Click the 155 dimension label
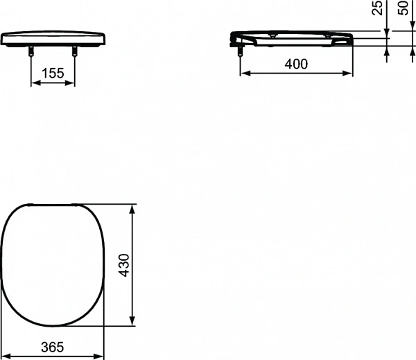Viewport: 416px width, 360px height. pyautogui.click(x=53, y=72)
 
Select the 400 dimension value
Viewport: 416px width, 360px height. pyautogui.click(x=296, y=63)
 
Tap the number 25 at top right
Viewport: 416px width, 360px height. pyautogui.click(x=377, y=9)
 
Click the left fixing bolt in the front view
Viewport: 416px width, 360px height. pyautogui.click(x=32, y=51)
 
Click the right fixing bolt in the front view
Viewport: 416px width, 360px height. pyautogui.click(x=74, y=51)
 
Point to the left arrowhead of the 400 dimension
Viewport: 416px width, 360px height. pyautogui.click(x=243, y=72)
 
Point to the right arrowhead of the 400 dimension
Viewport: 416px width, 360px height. pyautogui.click(x=349, y=72)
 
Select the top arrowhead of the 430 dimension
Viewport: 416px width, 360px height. pyautogui.click(x=133, y=208)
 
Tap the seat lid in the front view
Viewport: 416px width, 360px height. pyautogui.click(x=53, y=39)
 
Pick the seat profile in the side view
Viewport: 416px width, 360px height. pyautogui.click(x=295, y=37)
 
